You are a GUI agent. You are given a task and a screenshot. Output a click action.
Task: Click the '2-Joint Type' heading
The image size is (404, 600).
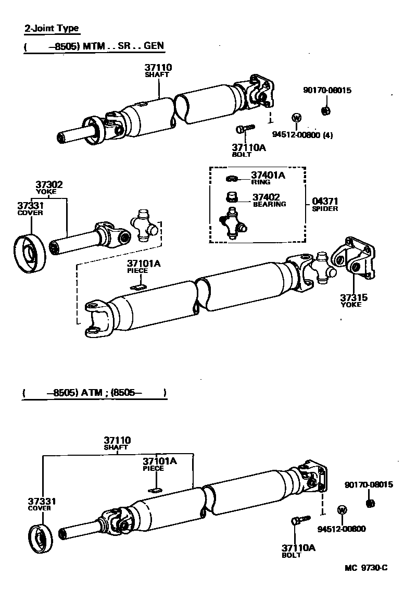point(52,29)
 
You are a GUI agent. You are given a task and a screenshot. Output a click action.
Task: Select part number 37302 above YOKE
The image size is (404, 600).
point(49,184)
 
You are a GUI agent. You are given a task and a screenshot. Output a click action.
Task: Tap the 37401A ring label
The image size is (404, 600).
point(268,176)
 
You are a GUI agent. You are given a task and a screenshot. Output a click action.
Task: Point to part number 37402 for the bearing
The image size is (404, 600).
point(266,197)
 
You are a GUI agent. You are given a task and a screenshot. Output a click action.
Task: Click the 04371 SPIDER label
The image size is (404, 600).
point(325,201)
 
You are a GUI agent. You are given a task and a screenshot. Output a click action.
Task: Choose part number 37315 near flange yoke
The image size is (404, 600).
point(353,297)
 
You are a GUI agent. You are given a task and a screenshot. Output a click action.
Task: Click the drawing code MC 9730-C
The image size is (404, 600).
point(365,568)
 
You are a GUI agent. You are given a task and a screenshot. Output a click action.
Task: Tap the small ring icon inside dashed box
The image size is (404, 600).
point(232,179)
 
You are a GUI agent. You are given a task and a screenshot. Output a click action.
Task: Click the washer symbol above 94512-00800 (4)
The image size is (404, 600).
point(296,117)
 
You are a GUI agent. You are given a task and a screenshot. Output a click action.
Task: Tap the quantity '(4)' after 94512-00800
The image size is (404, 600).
point(327,135)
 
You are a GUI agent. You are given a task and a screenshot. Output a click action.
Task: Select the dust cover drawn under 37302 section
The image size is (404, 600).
point(29,255)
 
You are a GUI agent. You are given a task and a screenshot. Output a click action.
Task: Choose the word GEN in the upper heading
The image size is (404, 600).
point(154,46)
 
